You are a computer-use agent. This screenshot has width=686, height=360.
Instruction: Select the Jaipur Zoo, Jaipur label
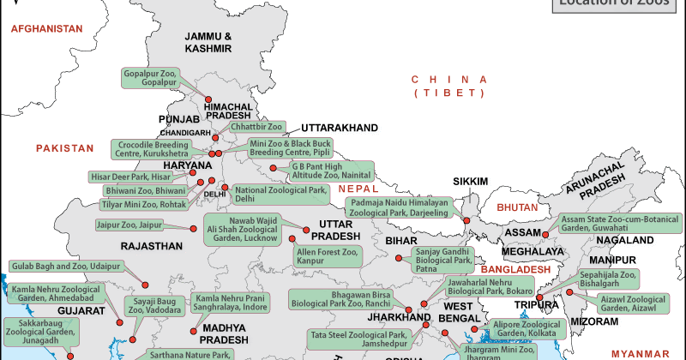point(129,225)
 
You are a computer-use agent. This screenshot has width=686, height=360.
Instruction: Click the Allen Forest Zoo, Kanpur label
point(326,255)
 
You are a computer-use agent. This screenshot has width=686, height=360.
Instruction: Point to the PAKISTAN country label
point(64,148)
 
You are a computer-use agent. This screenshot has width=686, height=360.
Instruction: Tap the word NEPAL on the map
point(358,188)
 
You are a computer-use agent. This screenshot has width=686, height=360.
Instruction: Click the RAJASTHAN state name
point(153,246)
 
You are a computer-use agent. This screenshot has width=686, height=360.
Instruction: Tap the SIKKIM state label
point(471,181)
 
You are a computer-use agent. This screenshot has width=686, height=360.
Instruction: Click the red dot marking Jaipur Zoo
point(190,227)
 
